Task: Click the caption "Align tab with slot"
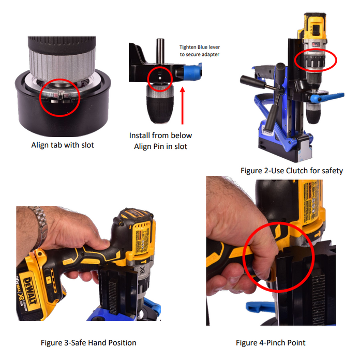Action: (x=63, y=145)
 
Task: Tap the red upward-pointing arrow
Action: (x=183, y=105)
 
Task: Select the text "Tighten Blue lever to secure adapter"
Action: (x=200, y=51)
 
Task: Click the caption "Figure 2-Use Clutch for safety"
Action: (x=292, y=171)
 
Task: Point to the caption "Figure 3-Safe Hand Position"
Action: (x=88, y=342)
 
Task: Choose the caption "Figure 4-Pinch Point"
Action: (x=271, y=342)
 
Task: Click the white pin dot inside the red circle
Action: (x=160, y=78)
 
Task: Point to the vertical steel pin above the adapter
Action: (x=160, y=51)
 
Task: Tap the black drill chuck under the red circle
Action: (x=160, y=105)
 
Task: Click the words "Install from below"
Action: (x=160, y=135)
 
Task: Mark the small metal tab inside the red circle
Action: (x=61, y=96)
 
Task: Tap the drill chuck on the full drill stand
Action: (x=313, y=113)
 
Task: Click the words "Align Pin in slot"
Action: (x=160, y=146)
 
